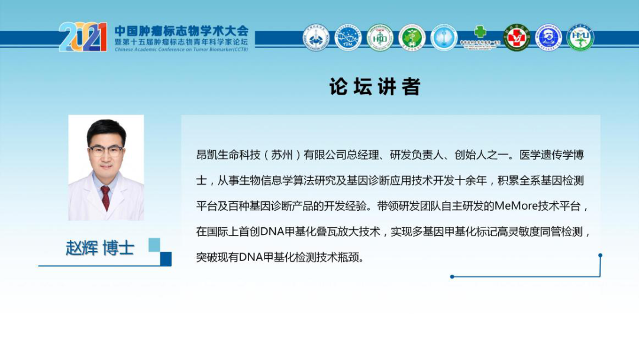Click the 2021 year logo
83,37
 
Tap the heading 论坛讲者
375,87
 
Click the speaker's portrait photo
106,168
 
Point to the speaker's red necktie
105,198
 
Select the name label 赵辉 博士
99,247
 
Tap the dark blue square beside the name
166,258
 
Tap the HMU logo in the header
580,38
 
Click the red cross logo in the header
517,38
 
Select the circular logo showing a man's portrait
548,38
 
